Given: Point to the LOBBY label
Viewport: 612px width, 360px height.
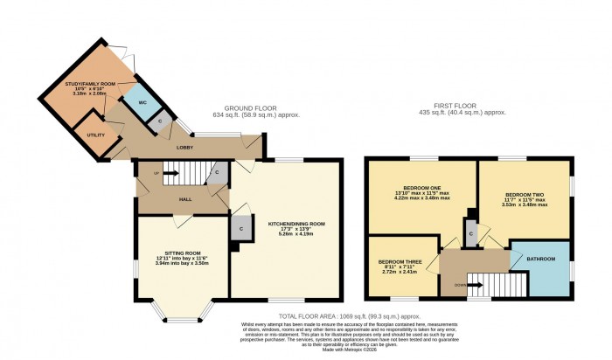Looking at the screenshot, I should click(185, 148).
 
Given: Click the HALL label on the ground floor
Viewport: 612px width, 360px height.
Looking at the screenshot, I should click(185, 199).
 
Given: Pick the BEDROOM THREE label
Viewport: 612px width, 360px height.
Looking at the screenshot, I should click(401, 261).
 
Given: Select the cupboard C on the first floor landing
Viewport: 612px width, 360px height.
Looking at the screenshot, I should click(471, 232).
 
